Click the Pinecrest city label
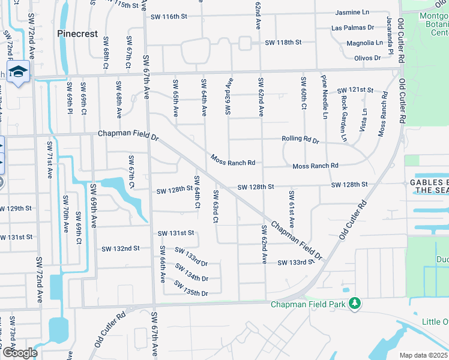point(77,34)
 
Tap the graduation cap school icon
point(19,72)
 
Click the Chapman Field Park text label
point(308,305)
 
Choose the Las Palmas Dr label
point(352,28)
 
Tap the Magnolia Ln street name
point(364,43)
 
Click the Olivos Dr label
point(367,58)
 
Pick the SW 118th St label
point(283,43)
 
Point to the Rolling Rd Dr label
point(300,140)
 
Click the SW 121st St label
point(355,89)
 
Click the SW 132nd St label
point(121,248)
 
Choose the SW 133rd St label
point(296,262)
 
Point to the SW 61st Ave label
point(292,208)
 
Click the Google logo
point(20,353)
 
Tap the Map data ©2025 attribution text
point(424,355)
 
